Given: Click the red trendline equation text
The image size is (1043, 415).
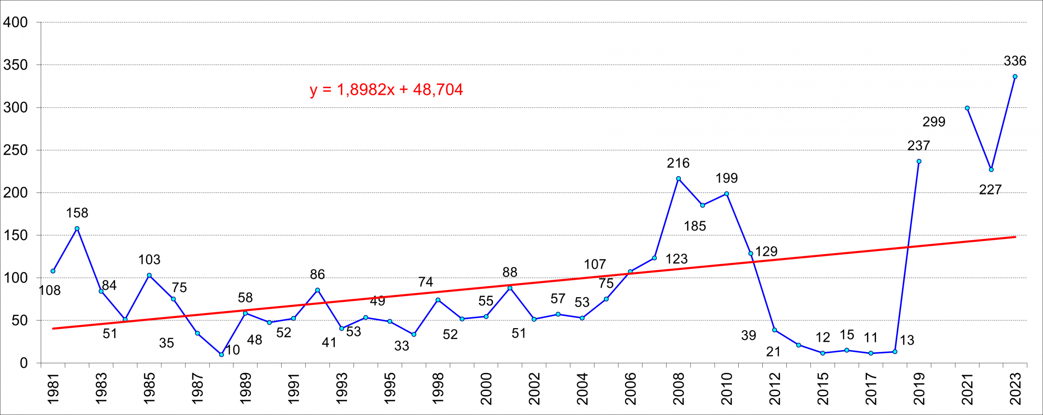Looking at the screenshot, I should coord(386,90).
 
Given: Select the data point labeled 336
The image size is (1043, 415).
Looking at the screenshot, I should coord(1015,77).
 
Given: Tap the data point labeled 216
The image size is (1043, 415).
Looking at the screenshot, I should coord(678,179).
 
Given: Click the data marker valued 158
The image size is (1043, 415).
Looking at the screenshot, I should coord(77,229).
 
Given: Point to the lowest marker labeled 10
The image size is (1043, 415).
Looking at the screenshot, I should coord(221,355).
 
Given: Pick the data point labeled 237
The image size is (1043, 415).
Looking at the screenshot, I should coord(919,161).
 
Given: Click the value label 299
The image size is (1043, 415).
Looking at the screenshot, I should coord(934,121).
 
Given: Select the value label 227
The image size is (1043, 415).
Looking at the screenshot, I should coord(990,190).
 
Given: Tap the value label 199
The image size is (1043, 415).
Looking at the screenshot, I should coord(726,178).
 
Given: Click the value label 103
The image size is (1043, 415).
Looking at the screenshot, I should coord(149,260).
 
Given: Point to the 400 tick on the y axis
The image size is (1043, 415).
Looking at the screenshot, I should coord(15,22).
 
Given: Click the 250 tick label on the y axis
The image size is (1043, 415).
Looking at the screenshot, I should coord(15,150).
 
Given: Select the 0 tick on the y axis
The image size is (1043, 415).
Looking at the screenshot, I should coord(24,363).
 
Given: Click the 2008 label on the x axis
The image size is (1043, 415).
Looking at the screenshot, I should coord(679,389).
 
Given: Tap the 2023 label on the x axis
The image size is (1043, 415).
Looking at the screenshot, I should coord(1015,389).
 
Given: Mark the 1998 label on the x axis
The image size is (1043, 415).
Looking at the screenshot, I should coord(438,389).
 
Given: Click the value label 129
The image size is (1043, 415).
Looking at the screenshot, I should coord(766,252).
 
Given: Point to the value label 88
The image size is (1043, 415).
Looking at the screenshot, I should coord(510,272).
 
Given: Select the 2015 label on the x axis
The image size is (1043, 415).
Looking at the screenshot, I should coord(823,389).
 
